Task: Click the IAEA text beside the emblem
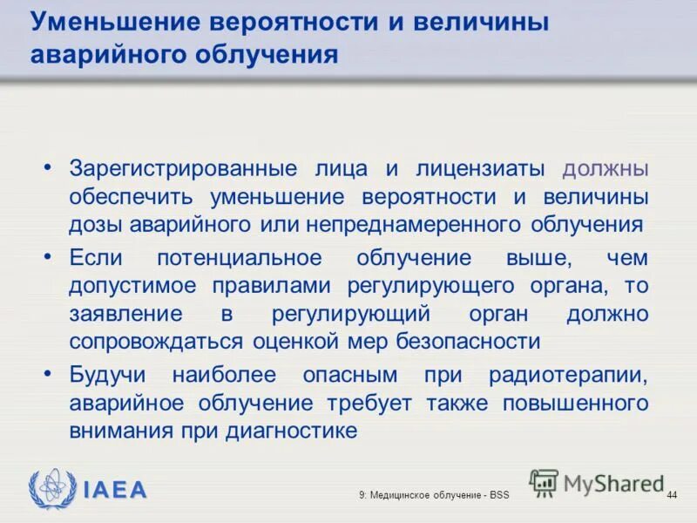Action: [116, 489]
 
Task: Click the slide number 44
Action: [671, 495]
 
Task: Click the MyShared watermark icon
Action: [544, 482]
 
